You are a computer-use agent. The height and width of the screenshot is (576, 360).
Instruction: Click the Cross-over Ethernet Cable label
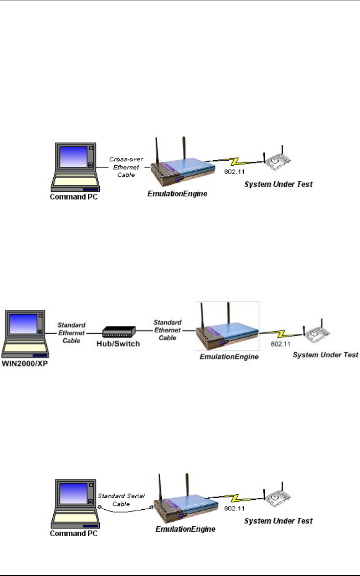point(126,167)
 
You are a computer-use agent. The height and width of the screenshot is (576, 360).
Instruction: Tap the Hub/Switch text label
point(118,344)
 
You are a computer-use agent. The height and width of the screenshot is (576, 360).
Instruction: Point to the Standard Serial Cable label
point(121,500)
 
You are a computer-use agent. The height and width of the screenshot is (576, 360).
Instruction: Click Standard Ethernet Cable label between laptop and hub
point(72,333)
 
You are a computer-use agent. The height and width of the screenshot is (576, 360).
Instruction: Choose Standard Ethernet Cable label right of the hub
point(168,330)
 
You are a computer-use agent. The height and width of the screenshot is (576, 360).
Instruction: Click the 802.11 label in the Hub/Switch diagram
point(281,344)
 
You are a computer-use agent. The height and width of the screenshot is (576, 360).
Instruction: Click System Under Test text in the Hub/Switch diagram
point(326,355)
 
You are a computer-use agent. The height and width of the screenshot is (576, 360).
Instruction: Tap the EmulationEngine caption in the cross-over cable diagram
point(178,193)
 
